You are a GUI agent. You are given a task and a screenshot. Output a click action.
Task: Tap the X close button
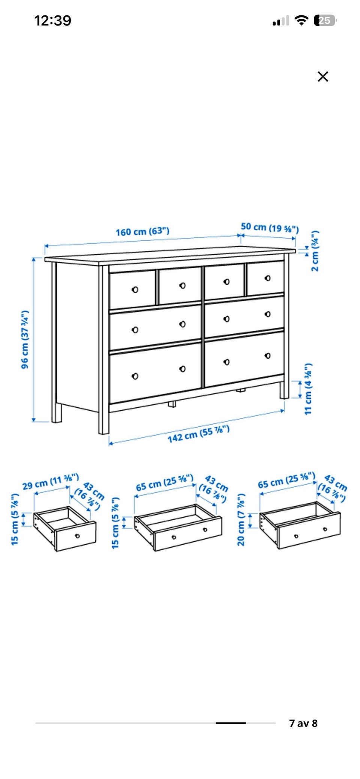tap(323, 77)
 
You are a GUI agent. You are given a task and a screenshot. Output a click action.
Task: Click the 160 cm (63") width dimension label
tap(142, 231)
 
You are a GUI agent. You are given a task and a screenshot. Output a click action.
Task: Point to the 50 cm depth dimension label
tap(270, 227)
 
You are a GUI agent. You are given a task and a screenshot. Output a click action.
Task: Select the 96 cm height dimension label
tap(25, 339)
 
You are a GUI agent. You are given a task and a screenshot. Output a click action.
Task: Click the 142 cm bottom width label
tap(198, 434)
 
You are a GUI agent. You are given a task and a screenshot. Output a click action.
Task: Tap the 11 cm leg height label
tap(308, 389)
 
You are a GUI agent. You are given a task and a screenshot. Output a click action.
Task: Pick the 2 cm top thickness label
tap(315, 251)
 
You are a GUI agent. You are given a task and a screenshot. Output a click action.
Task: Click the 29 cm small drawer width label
tap(51, 482)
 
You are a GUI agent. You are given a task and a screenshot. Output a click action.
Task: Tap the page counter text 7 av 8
tap(303, 723)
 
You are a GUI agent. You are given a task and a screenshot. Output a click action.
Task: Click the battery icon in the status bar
tap(325, 20)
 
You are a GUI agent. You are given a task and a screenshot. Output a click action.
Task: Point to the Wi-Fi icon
tap(301, 20)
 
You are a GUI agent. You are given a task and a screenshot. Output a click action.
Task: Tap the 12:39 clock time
tap(53, 20)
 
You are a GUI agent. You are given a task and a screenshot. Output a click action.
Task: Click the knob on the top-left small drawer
tap(135, 290)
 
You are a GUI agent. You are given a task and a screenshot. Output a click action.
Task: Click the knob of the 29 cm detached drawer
tap(78, 536)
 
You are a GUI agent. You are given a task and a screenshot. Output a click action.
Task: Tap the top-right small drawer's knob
tap(267, 278)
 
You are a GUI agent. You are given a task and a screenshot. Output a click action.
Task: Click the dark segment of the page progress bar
tap(231, 723)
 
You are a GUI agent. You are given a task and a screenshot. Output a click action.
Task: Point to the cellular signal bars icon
tap(281, 21)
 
